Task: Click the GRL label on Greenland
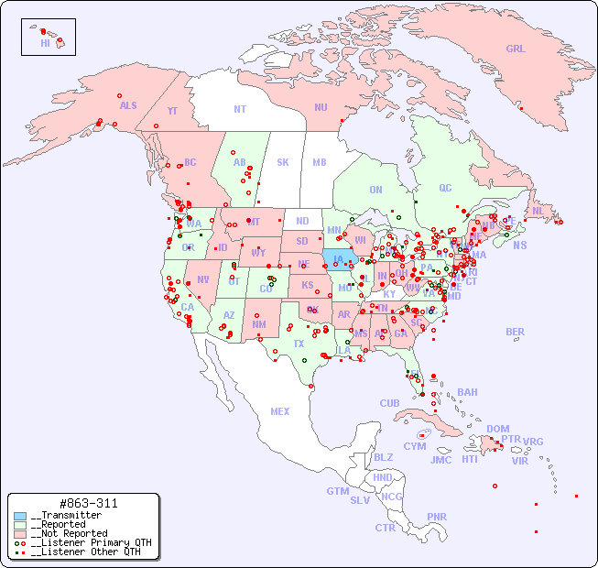(x=516, y=49)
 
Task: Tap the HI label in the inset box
(x=45, y=43)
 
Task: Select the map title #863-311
(x=87, y=503)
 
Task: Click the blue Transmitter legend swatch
(x=20, y=516)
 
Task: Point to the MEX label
(x=280, y=411)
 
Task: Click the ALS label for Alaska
(x=128, y=105)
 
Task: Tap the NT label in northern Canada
(x=239, y=109)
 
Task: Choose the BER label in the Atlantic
(x=516, y=333)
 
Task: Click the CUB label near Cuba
(x=389, y=403)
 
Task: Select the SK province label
(x=283, y=162)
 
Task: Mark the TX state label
(x=299, y=344)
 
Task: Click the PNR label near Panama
(x=437, y=517)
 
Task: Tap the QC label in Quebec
(x=445, y=188)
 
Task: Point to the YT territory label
(x=172, y=111)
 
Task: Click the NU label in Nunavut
(x=321, y=107)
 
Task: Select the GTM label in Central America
(x=337, y=491)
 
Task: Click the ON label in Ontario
(x=375, y=190)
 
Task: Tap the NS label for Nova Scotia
(x=519, y=245)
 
